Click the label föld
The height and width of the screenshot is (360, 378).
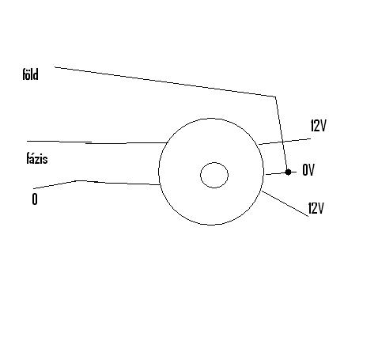[30, 74]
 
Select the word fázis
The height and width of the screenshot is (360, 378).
[37, 158]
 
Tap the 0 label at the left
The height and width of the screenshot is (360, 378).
[35, 199]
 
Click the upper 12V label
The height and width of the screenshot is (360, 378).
[319, 125]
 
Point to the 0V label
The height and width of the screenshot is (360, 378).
[308, 170]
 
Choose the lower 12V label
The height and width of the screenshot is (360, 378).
[316, 208]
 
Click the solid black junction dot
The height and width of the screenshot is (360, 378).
[288, 172]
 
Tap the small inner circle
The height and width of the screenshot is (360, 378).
[214, 175]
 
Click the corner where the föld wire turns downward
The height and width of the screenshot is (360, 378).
[276, 97]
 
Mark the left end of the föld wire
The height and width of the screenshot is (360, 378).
[55, 67]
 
